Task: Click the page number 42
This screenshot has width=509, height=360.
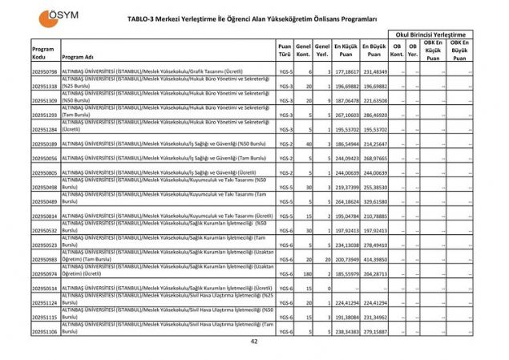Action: click(x=254, y=342)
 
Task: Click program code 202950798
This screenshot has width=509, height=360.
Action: click(x=44, y=72)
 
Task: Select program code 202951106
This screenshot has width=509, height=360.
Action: click(x=44, y=330)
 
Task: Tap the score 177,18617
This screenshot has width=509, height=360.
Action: click(x=346, y=72)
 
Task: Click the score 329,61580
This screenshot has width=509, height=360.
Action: click(x=374, y=202)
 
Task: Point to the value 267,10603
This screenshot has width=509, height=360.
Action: click(x=346, y=115)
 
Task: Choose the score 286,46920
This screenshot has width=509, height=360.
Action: click(x=374, y=115)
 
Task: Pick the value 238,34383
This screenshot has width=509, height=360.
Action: click(x=346, y=330)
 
